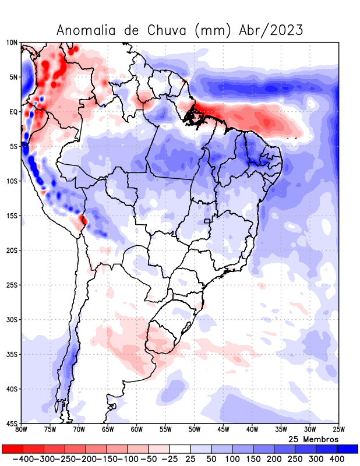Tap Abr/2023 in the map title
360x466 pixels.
[271, 30]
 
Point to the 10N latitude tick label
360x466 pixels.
[12, 43]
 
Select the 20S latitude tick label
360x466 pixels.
[12, 250]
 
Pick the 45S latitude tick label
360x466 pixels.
[12, 423]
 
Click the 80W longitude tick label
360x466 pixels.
[22, 429]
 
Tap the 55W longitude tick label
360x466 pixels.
[165, 429]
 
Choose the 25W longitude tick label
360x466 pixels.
[338, 429]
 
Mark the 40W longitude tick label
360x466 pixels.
[252, 429]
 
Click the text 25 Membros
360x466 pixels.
[313, 439]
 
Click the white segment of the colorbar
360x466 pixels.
[180, 449]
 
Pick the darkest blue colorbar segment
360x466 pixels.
[348, 449]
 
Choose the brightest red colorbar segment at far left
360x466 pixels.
[12, 449]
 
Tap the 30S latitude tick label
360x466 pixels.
[12, 319]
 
